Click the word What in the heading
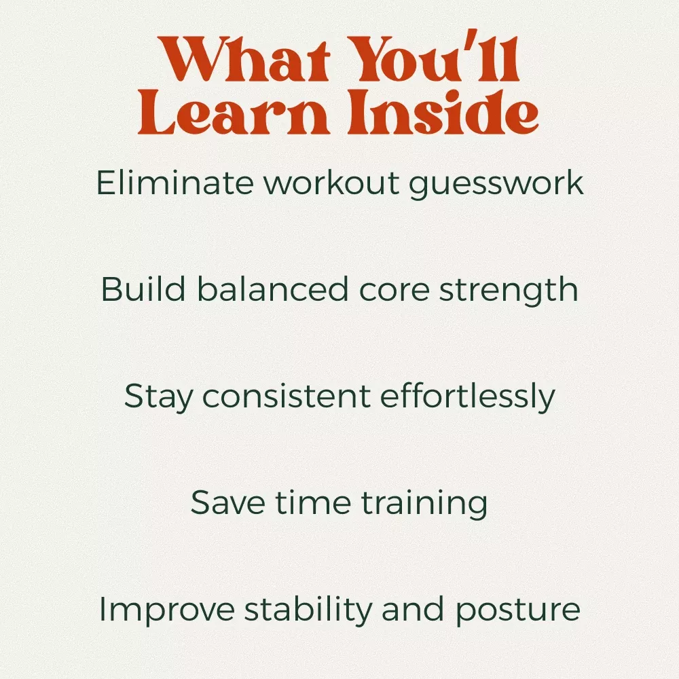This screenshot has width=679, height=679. point(243,59)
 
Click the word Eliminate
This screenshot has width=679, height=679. point(175,183)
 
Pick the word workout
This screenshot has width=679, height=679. point(332,183)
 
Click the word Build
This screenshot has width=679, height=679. point(143,289)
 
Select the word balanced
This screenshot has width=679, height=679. point(273,289)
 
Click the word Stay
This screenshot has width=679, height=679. point(158,397)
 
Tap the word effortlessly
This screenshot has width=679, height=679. point(468,397)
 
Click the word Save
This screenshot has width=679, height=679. point(227,502)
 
